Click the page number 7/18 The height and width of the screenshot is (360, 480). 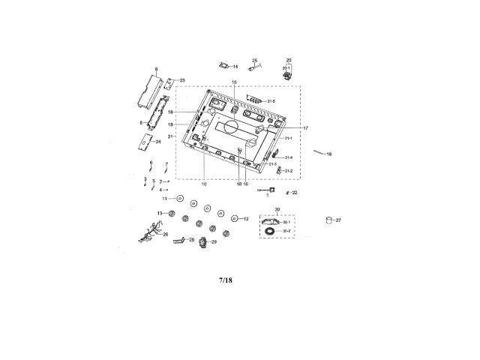pos(226,280)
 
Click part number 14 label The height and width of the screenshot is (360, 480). pos(235,67)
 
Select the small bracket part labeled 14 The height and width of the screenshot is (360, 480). pos(222,67)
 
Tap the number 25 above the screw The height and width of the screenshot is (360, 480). pos(254,60)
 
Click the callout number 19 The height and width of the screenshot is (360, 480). pos(328,154)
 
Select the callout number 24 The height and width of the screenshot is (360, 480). pos(157,141)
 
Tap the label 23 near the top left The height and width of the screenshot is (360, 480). pos(181,80)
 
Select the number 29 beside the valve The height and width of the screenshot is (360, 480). pos(214,242)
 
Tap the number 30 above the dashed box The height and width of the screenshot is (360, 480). pos(277,209)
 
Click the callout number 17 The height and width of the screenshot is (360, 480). pos(305,127)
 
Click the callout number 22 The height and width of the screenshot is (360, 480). pos(295,193)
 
